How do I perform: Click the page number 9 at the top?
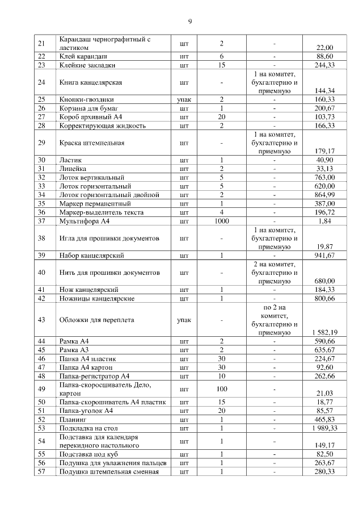click(x=190, y=22)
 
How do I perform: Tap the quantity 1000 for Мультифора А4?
click(x=221, y=221)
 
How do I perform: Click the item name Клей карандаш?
click(x=83, y=57)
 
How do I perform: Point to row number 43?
click(x=41, y=320)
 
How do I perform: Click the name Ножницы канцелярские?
click(x=97, y=298)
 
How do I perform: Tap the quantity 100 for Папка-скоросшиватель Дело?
click(x=221, y=390)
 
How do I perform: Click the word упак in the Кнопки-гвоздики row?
click(x=184, y=99)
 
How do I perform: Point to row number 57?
click(x=41, y=472)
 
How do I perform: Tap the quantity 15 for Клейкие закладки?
click(x=221, y=65)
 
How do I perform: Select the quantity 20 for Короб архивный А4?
click(x=221, y=116)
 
